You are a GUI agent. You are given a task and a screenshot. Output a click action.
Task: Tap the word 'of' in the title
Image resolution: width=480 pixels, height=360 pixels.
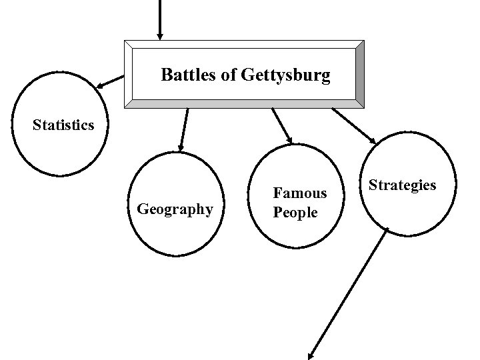point(227,75)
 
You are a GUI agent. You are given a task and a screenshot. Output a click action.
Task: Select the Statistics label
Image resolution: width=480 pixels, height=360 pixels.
point(63,125)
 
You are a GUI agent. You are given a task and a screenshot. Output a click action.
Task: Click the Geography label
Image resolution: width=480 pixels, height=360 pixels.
point(175,209)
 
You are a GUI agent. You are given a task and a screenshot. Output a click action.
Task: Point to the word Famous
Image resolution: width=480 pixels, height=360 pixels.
point(300,193)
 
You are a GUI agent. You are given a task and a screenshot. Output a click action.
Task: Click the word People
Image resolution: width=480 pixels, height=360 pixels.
point(295,213)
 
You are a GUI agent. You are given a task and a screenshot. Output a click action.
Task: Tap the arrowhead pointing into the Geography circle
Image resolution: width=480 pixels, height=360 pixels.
point(179,147)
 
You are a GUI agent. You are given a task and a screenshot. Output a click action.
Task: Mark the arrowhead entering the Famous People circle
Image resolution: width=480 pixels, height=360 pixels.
point(290,139)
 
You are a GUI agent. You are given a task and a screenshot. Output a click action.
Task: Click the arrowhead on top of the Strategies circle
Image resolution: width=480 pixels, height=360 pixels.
point(372,141)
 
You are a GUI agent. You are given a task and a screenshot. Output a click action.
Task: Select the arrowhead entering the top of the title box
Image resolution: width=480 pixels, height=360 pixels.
point(159,35)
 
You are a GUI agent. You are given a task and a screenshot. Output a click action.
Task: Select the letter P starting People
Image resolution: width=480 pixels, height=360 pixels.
point(277,213)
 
